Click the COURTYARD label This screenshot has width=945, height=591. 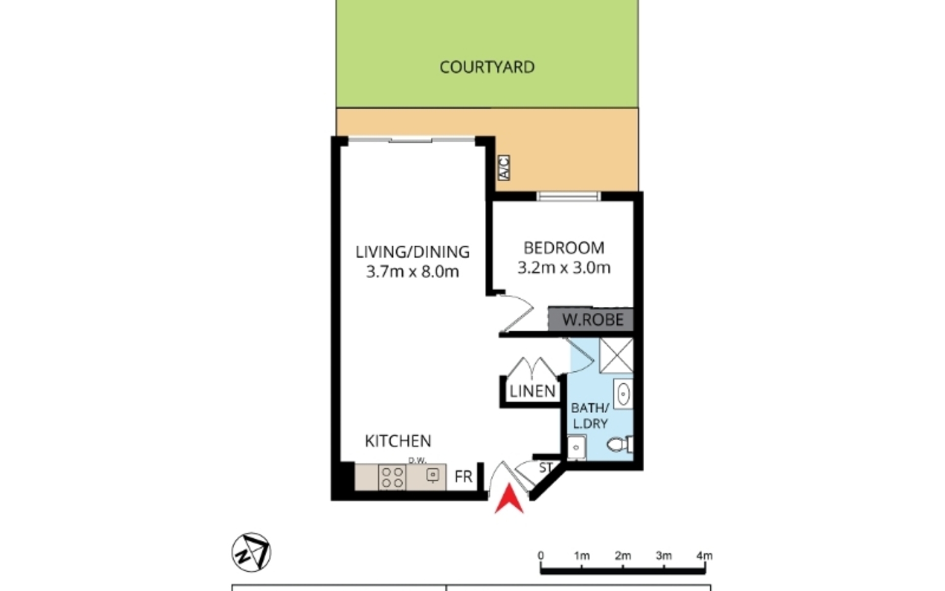pyautogui.click(x=487, y=67)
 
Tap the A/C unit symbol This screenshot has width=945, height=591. pyautogui.click(x=504, y=167)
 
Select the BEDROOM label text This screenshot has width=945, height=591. pyautogui.click(x=564, y=248)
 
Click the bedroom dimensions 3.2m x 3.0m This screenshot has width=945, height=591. pyautogui.click(x=564, y=268)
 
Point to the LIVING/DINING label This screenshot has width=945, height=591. pyautogui.click(x=412, y=252)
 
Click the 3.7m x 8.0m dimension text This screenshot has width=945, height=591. pyautogui.click(x=412, y=271)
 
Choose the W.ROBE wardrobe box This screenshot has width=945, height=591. pyautogui.click(x=591, y=319)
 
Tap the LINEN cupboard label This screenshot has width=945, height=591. pyautogui.click(x=533, y=392)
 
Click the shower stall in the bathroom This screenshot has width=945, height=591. pyautogui.click(x=616, y=355)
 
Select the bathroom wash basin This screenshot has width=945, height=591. pyautogui.click(x=623, y=394)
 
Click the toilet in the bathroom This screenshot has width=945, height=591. pyautogui.click(x=620, y=445)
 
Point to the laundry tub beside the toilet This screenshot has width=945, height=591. pyautogui.click(x=576, y=448)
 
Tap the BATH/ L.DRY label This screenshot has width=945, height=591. pyautogui.click(x=590, y=416)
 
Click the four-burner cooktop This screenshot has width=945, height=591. pyautogui.click(x=392, y=477)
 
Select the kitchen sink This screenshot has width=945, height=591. pyautogui.click(x=432, y=474)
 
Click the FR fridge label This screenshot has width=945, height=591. pyautogui.click(x=463, y=477)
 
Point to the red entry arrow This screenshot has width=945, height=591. pyautogui.click(x=509, y=499)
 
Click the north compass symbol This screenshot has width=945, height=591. pyautogui.click(x=252, y=552)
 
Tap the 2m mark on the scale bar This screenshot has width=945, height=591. pyautogui.click(x=623, y=556)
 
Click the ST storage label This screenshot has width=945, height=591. pyautogui.click(x=545, y=467)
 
